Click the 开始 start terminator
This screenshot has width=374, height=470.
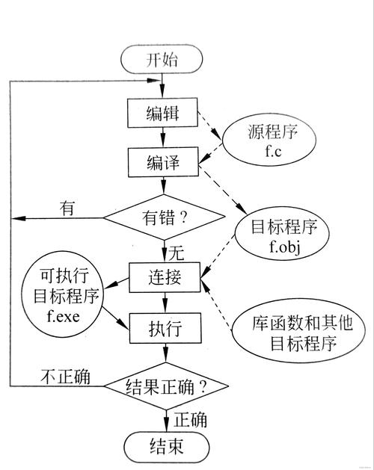163,59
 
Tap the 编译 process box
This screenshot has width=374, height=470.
163,161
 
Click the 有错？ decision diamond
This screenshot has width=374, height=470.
163,218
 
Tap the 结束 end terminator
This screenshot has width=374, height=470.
163,446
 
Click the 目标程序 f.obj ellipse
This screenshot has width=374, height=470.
274,234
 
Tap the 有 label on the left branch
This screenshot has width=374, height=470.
68,208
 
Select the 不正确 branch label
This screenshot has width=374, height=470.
65,377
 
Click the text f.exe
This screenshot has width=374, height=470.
64,314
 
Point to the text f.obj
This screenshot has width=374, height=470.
274,244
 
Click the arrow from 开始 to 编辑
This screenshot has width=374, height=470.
163,85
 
